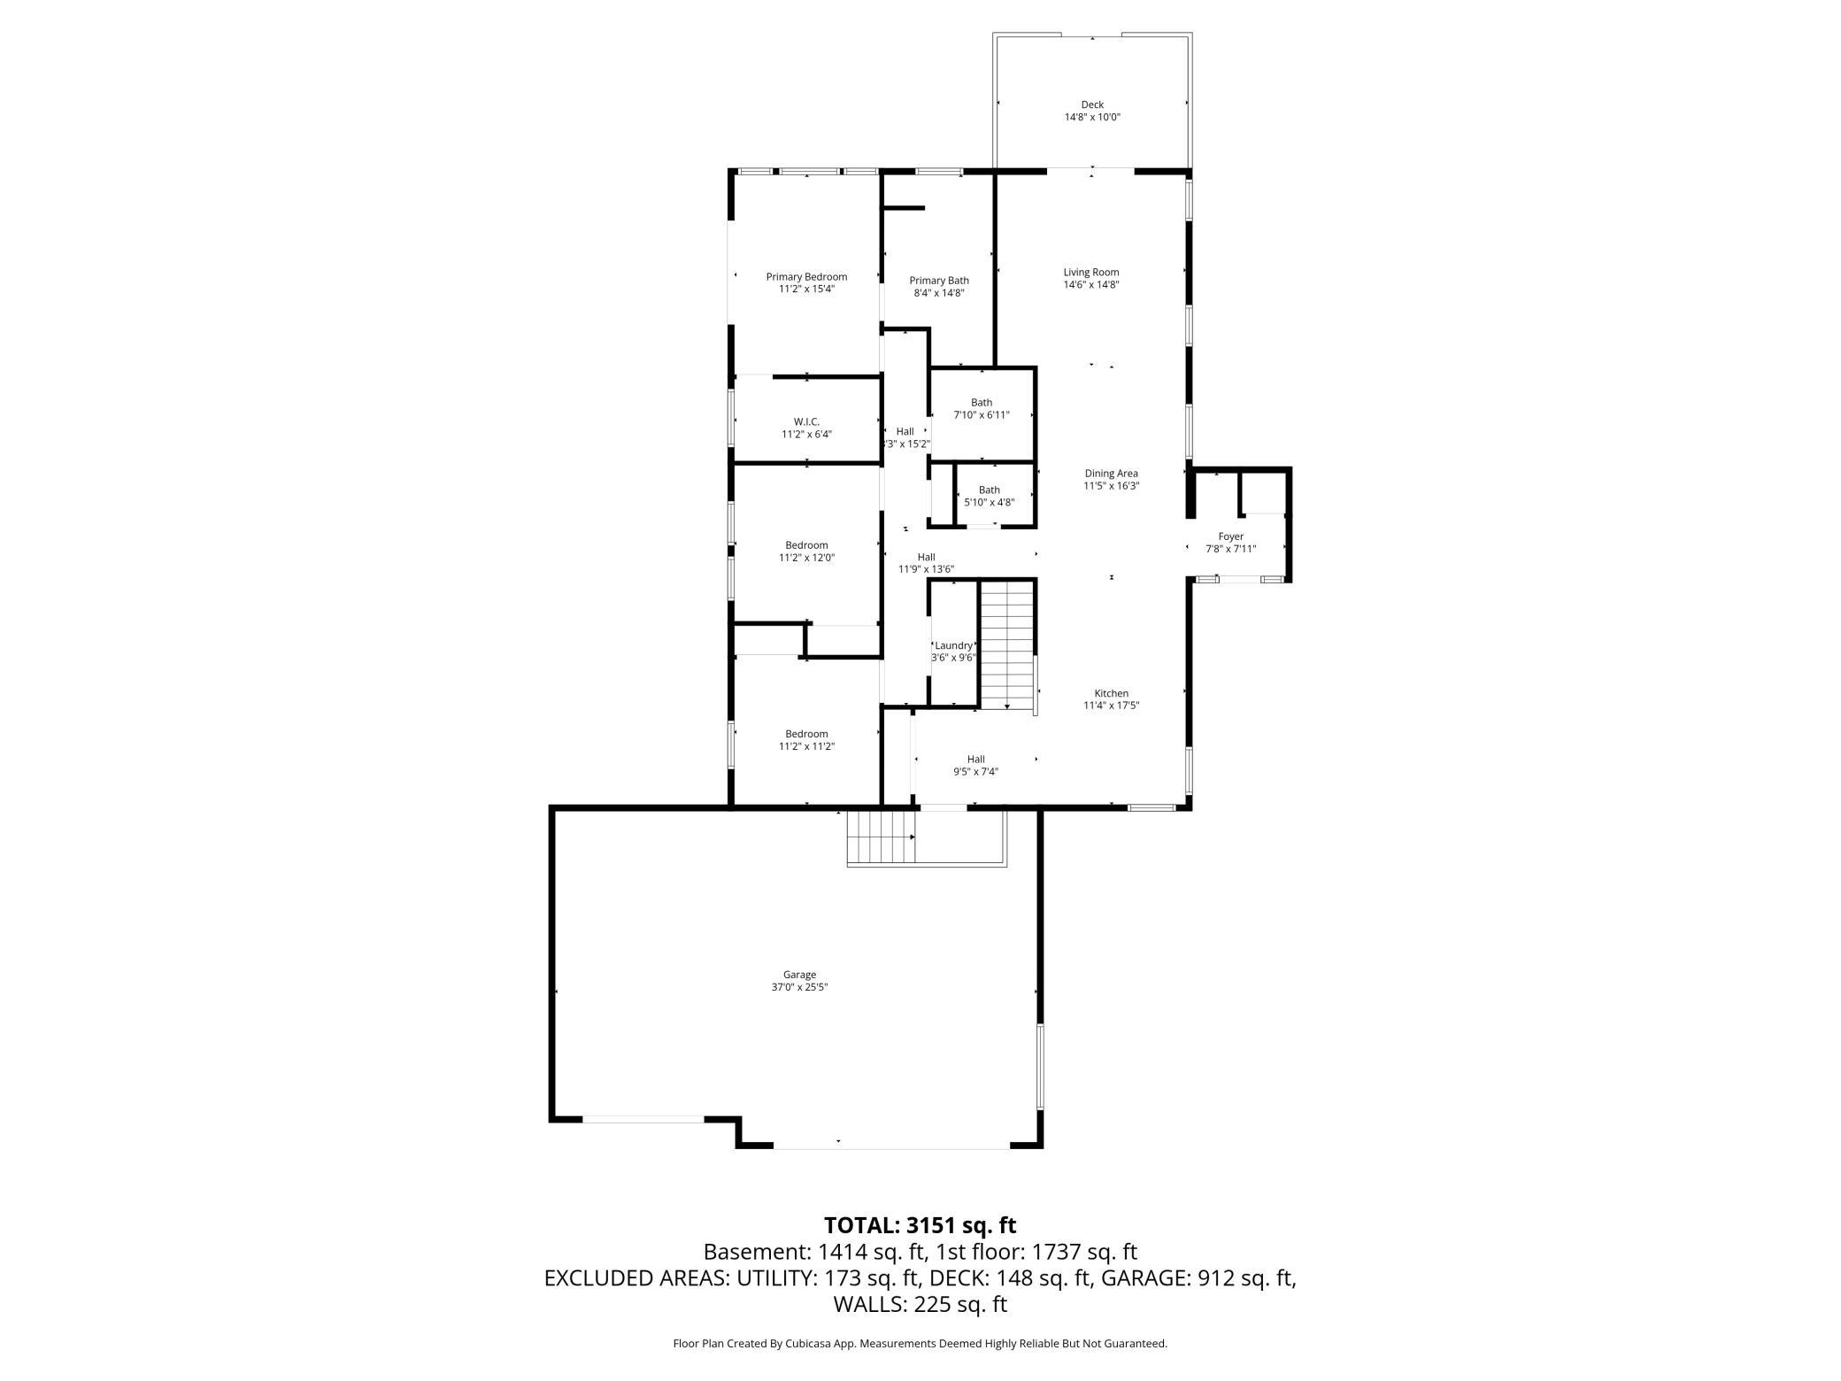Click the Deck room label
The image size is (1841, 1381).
click(1091, 104)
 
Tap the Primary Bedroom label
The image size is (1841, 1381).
click(806, 277)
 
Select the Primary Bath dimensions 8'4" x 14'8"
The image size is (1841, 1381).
click(938, 293)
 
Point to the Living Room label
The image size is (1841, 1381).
click(1090, 273)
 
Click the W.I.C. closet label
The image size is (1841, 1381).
click(806, 421)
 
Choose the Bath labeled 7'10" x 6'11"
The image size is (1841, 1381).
click(981, 408)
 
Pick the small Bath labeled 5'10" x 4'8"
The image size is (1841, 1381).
click(989, 496)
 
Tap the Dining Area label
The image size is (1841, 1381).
click(1111, 474)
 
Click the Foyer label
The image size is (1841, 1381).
click(1230, 536)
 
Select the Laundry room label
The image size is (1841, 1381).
click(953, 646)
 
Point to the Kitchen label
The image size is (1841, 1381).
click(1111, 693)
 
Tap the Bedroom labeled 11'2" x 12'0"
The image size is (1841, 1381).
click(806, 551)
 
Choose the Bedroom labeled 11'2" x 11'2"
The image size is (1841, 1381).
click(806, 739)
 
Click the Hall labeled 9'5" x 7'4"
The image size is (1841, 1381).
click(975, 765)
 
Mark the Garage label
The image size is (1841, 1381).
click(799, 975)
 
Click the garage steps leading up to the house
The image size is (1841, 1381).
click(881, 838)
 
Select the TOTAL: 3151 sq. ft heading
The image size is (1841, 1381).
click(920, 1225)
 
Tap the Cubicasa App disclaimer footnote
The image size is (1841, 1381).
click(920, 1344)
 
